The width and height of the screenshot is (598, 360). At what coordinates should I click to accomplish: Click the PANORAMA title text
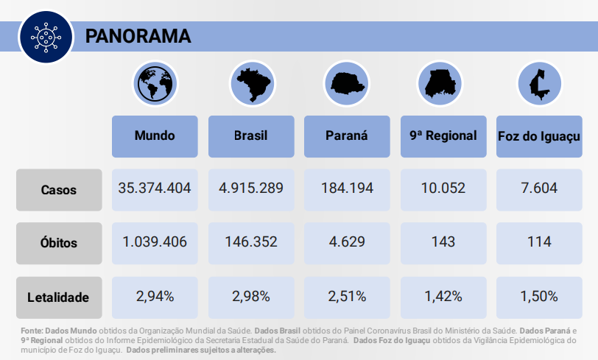click(x=138, y=36)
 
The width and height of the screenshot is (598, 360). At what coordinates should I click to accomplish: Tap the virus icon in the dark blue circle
click(x=46, y=34)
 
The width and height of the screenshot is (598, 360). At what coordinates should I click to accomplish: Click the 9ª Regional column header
click(x=443, y=136)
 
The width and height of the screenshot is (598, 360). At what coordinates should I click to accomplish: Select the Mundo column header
click(x=155, y=136)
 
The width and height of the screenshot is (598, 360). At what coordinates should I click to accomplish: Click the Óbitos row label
click(x=59, y=243)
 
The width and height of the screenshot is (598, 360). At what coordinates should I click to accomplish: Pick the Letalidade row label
click(x=59, y=297)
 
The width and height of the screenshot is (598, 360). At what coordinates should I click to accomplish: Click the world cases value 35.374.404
click(x=155, y=188)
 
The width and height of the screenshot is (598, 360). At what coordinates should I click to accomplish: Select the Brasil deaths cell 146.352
click(x=251, y=241)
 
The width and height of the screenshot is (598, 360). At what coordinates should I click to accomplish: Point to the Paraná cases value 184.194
click(x=347, y=188)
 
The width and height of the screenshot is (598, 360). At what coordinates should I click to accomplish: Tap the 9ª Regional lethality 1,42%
click(x=443, y=297)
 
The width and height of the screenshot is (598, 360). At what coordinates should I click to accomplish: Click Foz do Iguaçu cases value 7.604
click(x=539, y=188)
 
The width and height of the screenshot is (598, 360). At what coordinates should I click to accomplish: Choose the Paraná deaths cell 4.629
click(x=347, y=241)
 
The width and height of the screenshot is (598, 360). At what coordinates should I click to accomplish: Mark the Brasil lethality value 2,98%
click(x=251, y=297)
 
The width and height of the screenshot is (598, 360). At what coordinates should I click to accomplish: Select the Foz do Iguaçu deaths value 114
click(x=539, y=241)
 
